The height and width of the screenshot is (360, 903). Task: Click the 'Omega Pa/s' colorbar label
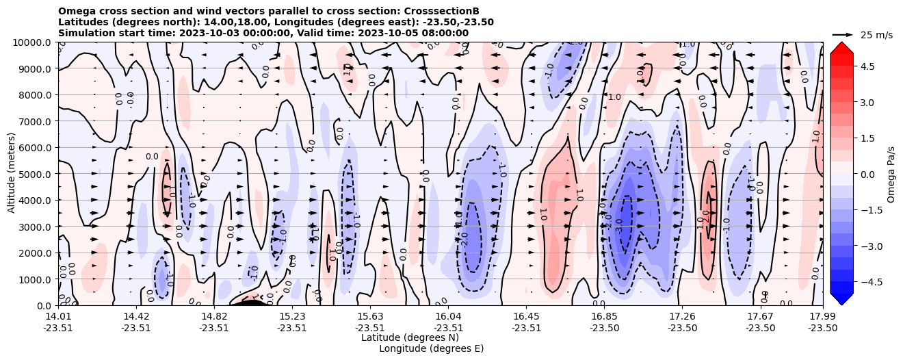tap(891, 174)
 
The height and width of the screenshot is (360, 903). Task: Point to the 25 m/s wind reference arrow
tap(842, 34)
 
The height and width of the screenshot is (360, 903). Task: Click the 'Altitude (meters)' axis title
tap(12, 174)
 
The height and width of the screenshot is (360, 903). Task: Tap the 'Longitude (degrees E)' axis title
tap(431, 348)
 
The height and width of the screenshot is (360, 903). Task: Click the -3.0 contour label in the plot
tap(619, 226)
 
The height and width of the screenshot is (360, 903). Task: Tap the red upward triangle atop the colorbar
tap(841, 47)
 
